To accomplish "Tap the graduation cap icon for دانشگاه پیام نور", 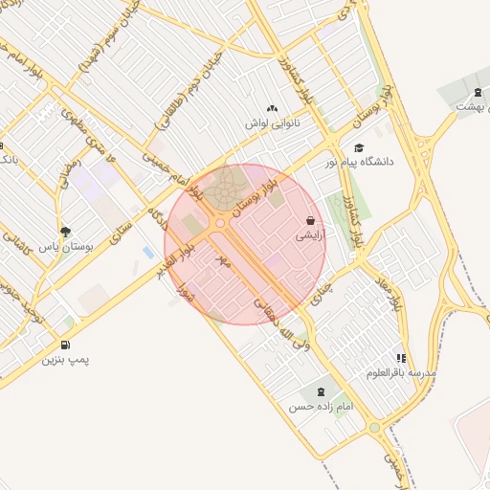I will point(359,147).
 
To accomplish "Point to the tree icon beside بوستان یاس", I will point(65,232).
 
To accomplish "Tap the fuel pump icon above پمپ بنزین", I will point(64,345).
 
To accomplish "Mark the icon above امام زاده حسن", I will point(320,391).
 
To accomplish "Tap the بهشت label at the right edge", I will point(467,105).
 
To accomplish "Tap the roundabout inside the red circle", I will point(220,224).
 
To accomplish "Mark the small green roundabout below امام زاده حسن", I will point(374,428).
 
